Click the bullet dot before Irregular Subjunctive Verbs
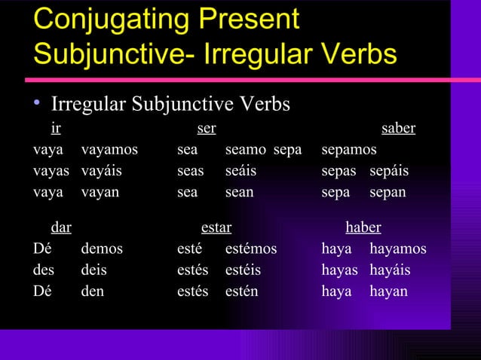(x=37, y=104)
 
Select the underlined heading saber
(x=398, y=129)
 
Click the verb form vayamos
(x=109, y=150)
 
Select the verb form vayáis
(x=102, y=171)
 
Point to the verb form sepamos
(x=349, y=150)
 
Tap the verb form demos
(x=101, y=249)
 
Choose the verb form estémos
(x=251, y=249)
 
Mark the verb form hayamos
(x=397, y=249)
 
